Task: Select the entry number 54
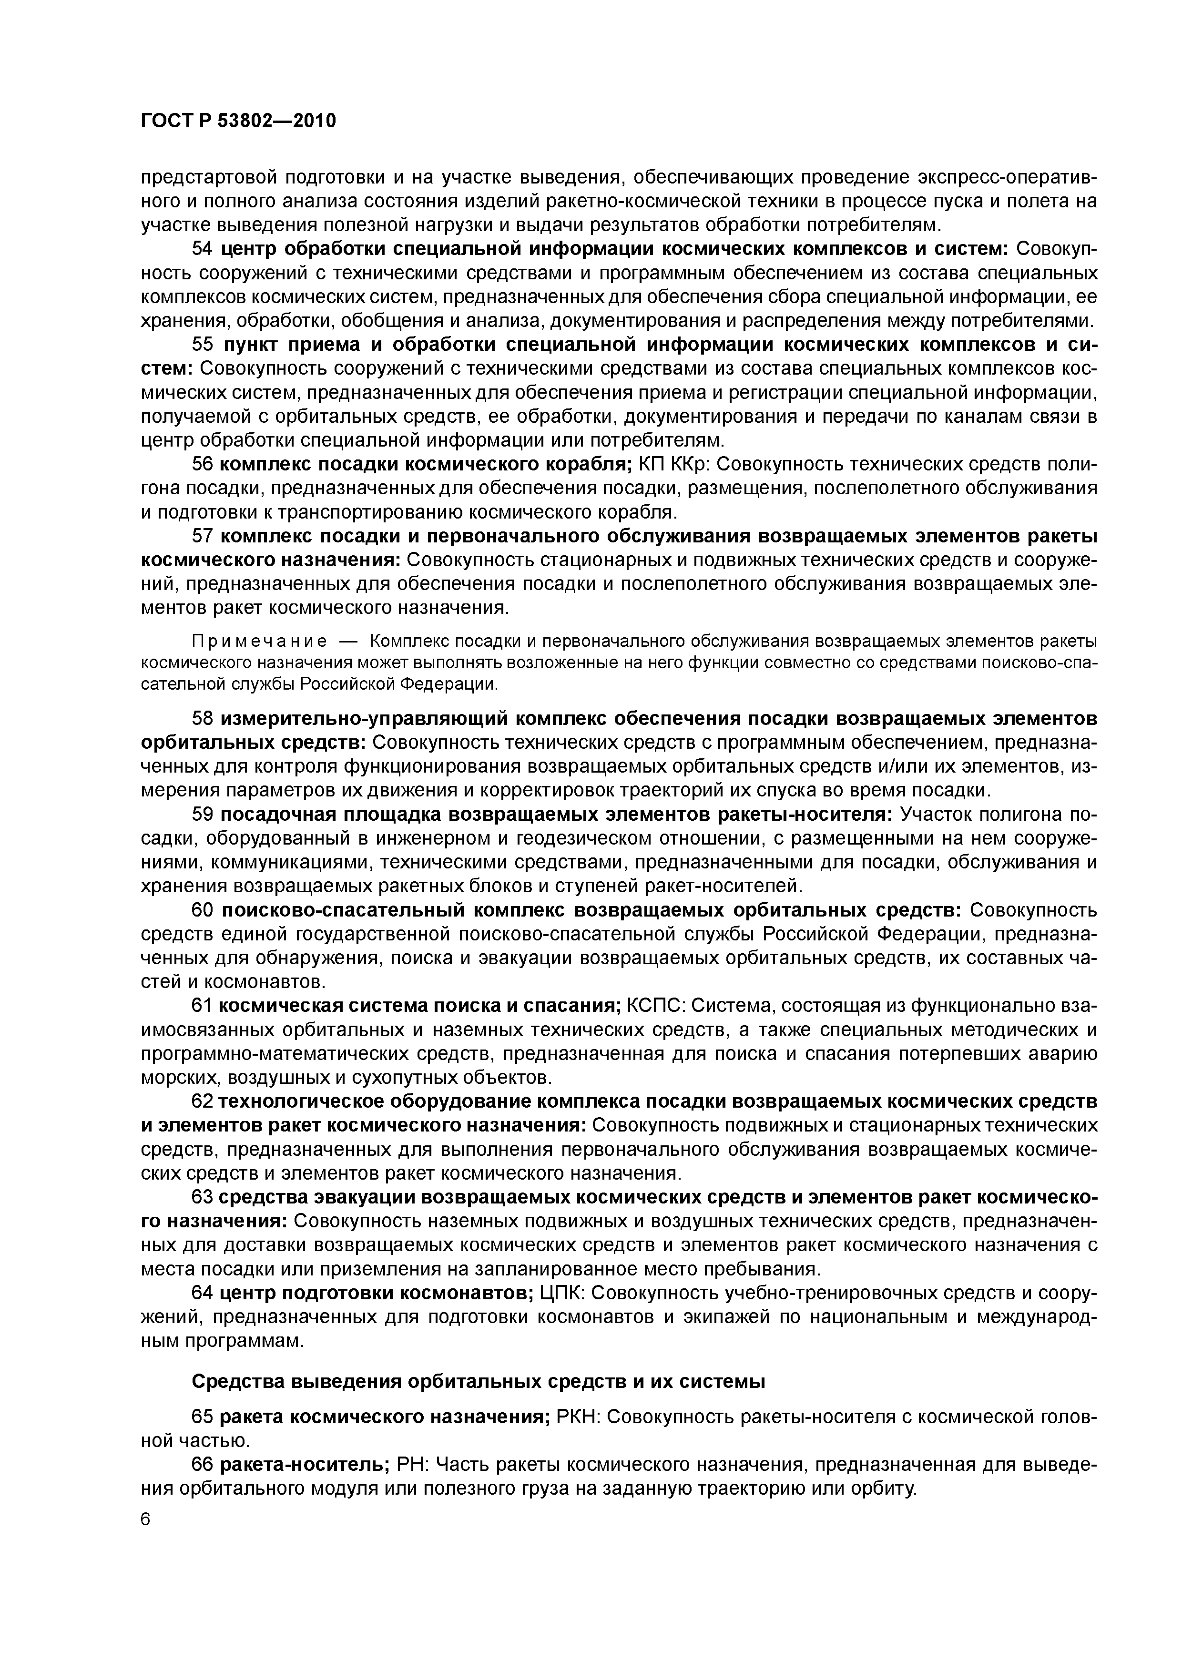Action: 202,249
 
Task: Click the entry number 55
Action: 202,345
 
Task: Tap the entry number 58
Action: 202,719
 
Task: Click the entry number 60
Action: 202,910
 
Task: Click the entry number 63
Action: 202,1197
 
